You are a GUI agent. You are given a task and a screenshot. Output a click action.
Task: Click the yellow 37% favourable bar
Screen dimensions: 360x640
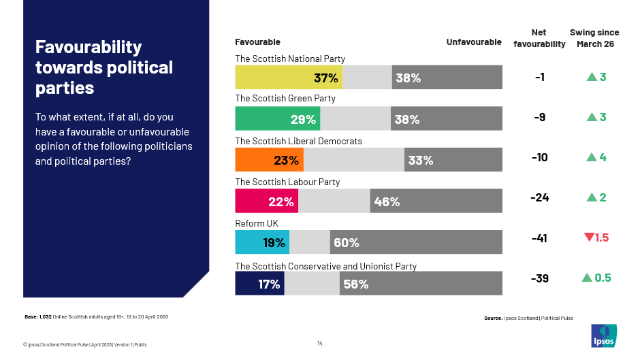(289, 78)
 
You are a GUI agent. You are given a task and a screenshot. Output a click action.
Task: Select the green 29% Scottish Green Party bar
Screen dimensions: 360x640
(278, 119)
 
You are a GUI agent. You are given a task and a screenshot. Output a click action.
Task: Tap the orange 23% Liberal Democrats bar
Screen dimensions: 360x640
(269, 160)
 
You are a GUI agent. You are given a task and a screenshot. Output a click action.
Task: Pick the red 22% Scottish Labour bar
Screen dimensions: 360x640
(266, 201)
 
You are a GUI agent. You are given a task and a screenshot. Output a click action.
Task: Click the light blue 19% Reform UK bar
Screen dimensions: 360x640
(262, 242)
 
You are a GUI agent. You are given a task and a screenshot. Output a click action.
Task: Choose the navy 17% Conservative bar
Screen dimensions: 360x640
(259, 284)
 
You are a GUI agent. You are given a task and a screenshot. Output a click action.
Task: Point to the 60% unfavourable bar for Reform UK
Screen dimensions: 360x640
(416, 242)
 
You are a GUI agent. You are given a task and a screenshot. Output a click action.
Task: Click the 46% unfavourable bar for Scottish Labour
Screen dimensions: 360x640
(436, 201)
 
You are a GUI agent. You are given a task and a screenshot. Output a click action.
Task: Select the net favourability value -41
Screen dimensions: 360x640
(539, 239)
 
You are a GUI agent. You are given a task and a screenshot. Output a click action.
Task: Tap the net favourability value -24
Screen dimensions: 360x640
(539, 198)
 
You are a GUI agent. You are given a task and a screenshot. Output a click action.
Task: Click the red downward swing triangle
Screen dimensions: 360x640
(589, 238)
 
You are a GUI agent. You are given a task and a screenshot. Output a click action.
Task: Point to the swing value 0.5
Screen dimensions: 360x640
(603, 278)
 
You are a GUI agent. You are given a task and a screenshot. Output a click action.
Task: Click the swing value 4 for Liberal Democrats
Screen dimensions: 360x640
(603, 157)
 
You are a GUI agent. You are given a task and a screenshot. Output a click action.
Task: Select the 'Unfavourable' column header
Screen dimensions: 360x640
(474, 42)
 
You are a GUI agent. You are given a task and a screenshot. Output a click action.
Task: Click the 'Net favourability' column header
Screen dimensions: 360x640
(539, 39)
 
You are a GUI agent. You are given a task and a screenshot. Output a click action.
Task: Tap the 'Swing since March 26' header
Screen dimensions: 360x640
(595, 39)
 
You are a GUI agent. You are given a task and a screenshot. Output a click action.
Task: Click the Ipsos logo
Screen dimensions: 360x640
(603, 335)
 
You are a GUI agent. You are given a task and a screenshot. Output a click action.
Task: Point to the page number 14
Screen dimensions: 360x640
(320, 343)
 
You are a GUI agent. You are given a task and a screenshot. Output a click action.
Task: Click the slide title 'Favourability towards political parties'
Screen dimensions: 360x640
(104, 67)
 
